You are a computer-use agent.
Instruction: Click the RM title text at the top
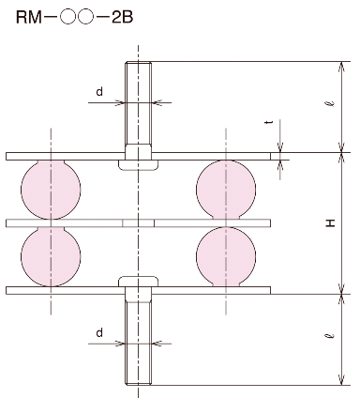[75, 18]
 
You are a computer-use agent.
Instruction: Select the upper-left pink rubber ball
[51, 190]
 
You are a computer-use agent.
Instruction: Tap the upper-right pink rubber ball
[226, 190]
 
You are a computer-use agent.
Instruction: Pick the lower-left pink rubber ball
[51, 256]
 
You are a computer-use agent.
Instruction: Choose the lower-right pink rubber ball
[226, 256]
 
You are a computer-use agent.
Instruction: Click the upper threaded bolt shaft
[138, 103]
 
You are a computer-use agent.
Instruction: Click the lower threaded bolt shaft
[138, 343]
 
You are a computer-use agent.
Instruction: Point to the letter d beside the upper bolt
[99, 92]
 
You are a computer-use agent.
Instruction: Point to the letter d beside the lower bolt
[99, 333]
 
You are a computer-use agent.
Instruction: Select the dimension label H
[331, 222]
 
